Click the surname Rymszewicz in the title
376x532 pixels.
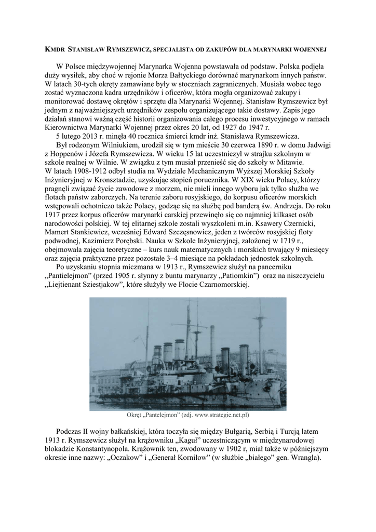(x=129, y=49)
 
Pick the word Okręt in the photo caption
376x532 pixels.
(x=137, y=415)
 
